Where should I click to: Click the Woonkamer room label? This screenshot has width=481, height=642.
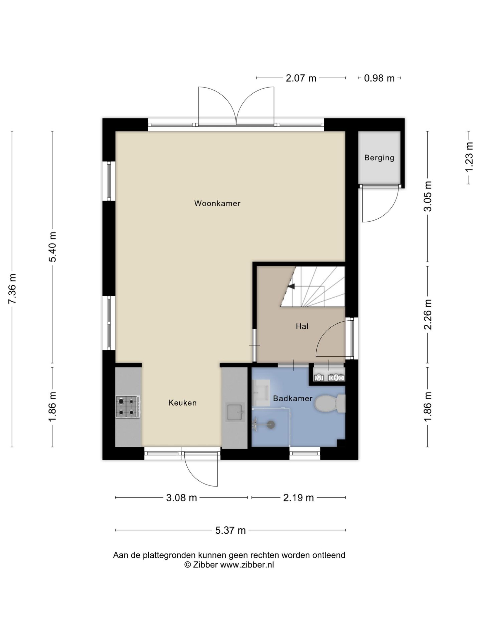click(217, 203)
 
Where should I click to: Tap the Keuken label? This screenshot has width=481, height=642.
click(182, 403)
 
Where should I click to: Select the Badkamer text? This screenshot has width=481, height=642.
click(293, 399)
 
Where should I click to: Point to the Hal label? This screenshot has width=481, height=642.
click(302, 326)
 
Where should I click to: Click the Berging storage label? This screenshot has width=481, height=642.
click(379, 158)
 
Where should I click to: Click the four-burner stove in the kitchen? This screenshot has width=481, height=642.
click(128, 407)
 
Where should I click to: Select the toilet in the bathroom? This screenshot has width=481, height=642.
click(329, 404)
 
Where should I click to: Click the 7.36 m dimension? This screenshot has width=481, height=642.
click(12, 289)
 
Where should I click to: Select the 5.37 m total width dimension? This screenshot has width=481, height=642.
click(230, 530)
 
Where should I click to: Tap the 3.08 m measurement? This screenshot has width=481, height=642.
click(181, 498)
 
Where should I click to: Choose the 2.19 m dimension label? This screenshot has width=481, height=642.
click(298, 498)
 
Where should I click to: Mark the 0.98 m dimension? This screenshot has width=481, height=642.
click(379, 78)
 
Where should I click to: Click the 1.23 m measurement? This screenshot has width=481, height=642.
click(469, 157)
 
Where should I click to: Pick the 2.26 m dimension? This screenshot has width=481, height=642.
click(428, 314)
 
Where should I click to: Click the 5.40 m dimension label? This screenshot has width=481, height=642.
click(52, 247)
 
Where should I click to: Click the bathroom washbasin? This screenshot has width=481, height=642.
click(261, 393)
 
